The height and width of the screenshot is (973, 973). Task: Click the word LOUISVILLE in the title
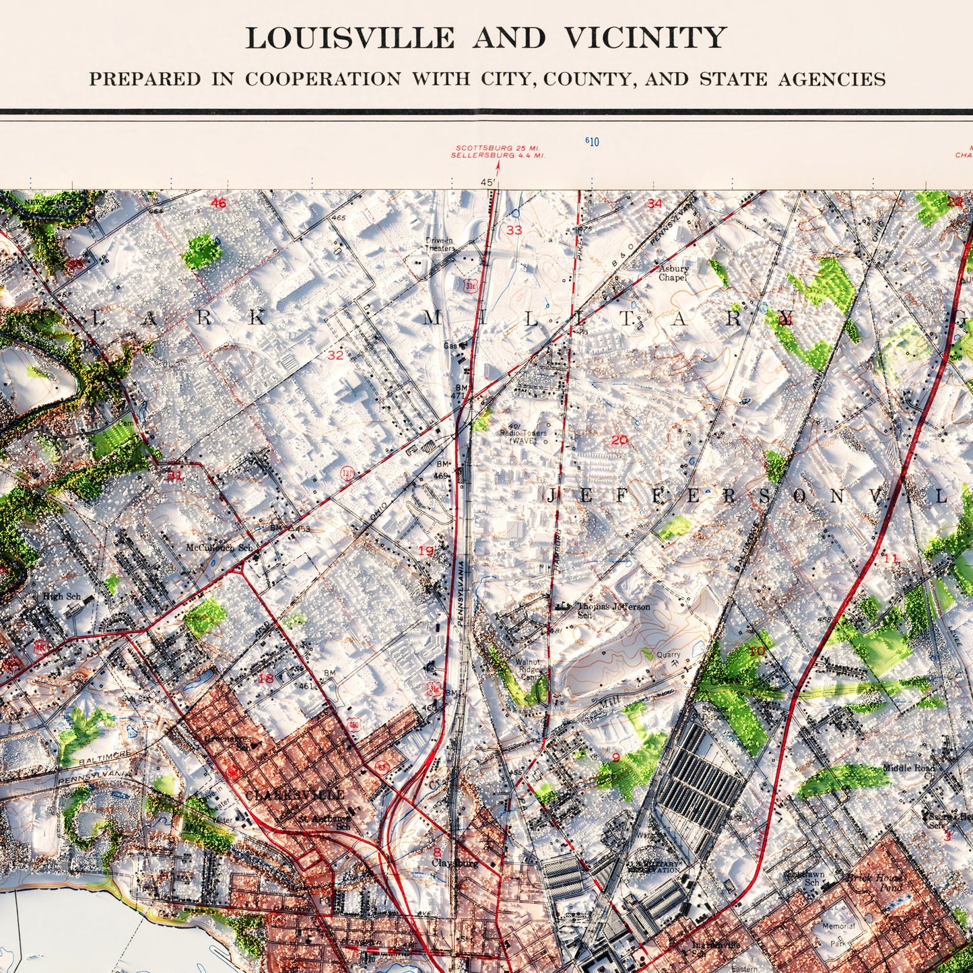(349, 38)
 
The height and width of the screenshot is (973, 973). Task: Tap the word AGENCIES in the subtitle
(832, 79)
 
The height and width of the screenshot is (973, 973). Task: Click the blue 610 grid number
(592, 141)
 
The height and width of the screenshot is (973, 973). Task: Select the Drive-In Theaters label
(439, 244)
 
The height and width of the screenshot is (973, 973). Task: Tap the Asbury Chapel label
(673, 273)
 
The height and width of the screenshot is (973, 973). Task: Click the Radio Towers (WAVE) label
(523, 437)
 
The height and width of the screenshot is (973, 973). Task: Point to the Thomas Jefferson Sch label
(613, 610)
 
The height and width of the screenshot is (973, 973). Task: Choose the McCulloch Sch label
(220, 548)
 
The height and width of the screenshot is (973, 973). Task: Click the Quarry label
(669, 655)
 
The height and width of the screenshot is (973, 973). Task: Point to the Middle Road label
(909, 768)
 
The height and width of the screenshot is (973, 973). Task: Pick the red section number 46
(218, 203)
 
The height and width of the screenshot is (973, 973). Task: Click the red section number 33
(514, 230)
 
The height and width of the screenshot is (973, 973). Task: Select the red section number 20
(619, 440)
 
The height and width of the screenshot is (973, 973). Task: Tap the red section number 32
(335, 356)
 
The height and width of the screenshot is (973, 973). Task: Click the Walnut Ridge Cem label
(528, 670)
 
